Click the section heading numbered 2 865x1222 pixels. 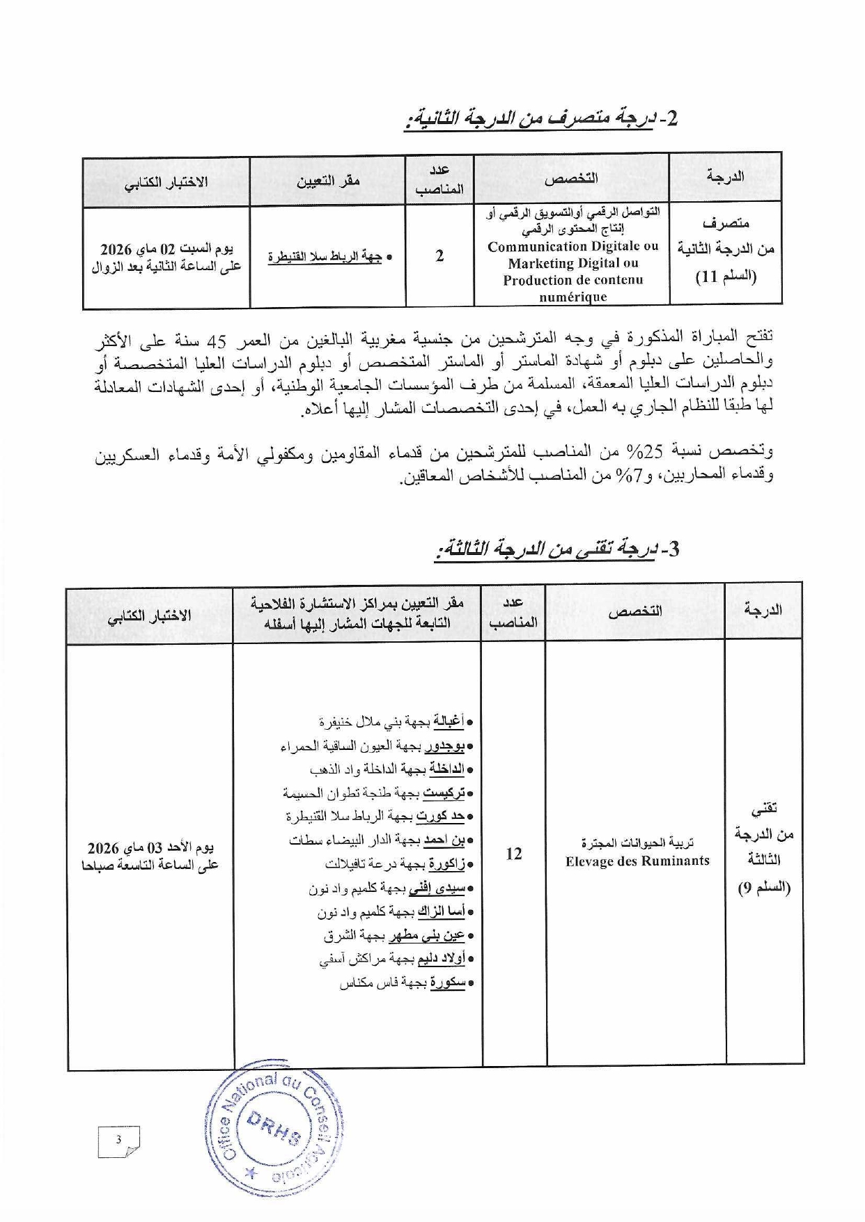pos(542,119)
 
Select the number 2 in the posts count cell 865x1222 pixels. pos(439,256)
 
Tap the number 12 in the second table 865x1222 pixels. pos(514,854)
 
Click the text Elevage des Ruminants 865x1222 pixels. pos(637,861)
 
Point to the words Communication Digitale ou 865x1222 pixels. pos(572,246)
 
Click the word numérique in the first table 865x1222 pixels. pos(572,297)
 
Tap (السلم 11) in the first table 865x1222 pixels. pos(726,276)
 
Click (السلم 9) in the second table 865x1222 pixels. pos(763,888)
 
